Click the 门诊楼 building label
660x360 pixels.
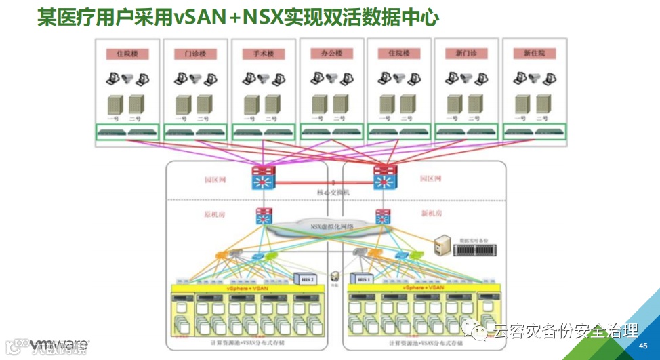[194, 54]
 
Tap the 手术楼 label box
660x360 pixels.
[263, 54]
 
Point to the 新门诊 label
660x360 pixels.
[466, 54]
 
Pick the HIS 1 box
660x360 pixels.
[363, 279]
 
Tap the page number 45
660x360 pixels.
[643, 346]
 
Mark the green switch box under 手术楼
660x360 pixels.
[263, 132]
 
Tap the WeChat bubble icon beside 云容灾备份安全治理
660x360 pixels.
[480, 332]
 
